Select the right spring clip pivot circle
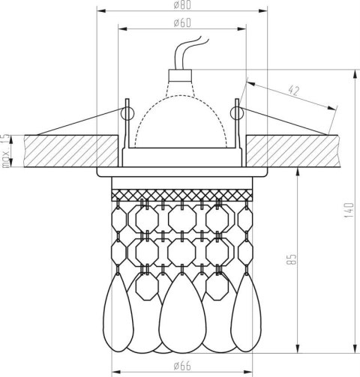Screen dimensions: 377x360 click(x=238, y=113)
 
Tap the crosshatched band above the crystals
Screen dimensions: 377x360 click(x=182, y=194)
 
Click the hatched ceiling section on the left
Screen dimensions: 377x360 click(x=60, y=151)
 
